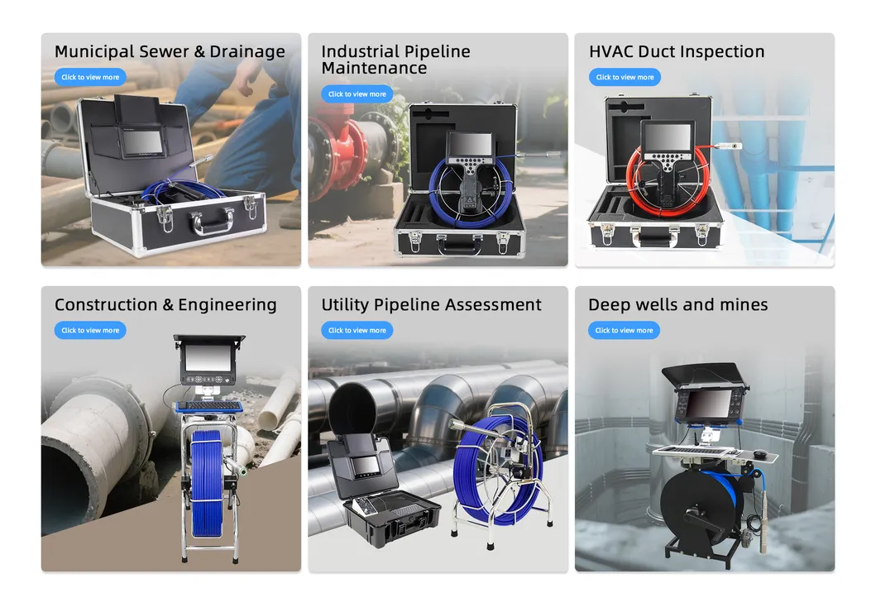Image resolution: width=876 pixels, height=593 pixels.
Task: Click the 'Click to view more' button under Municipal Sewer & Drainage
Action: tap(90, 77)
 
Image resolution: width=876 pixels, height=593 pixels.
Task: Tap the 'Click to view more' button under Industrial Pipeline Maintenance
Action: tap(357, 93)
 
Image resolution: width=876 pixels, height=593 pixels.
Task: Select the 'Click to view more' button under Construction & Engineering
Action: tap(90, 330)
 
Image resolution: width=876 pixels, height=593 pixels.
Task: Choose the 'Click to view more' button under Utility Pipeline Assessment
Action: tap(357, 330)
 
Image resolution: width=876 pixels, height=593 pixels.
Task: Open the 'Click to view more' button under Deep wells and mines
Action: tap(624, 330)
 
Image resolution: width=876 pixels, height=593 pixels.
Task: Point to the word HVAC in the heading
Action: tap(611, 51)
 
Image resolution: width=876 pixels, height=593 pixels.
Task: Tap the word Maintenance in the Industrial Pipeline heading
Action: tap(375, 68)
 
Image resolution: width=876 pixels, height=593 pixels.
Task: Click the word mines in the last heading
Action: tap(744, 305)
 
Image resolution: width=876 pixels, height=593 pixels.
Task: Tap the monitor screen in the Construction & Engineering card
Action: tap(208, 358)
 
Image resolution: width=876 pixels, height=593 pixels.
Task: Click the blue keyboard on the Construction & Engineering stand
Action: tap(209, 406)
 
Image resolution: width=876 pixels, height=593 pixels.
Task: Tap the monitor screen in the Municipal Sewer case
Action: tap(143, 145)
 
